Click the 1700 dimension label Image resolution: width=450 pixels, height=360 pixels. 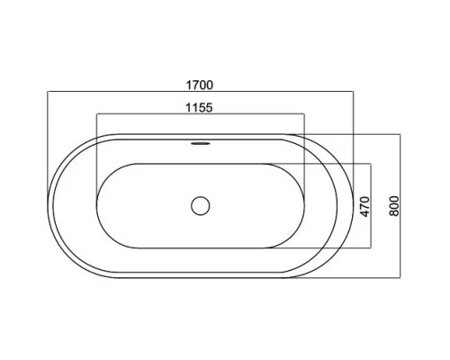click(200, 85)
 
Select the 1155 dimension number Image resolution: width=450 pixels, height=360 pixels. click(199, 107)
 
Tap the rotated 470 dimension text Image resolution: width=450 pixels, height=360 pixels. click(364, 206)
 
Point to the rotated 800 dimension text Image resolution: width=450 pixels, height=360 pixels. click(395, 206)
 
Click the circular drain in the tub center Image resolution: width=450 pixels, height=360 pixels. click(201, 206)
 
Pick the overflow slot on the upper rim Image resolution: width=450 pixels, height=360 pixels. click(201, 143)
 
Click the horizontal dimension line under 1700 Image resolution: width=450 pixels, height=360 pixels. click(201, 91)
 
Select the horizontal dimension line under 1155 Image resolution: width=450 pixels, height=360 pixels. click(201, 113)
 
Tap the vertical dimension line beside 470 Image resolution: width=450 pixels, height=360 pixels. click(371, 206)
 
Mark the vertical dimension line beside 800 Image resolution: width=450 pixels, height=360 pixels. click(400, 206)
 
